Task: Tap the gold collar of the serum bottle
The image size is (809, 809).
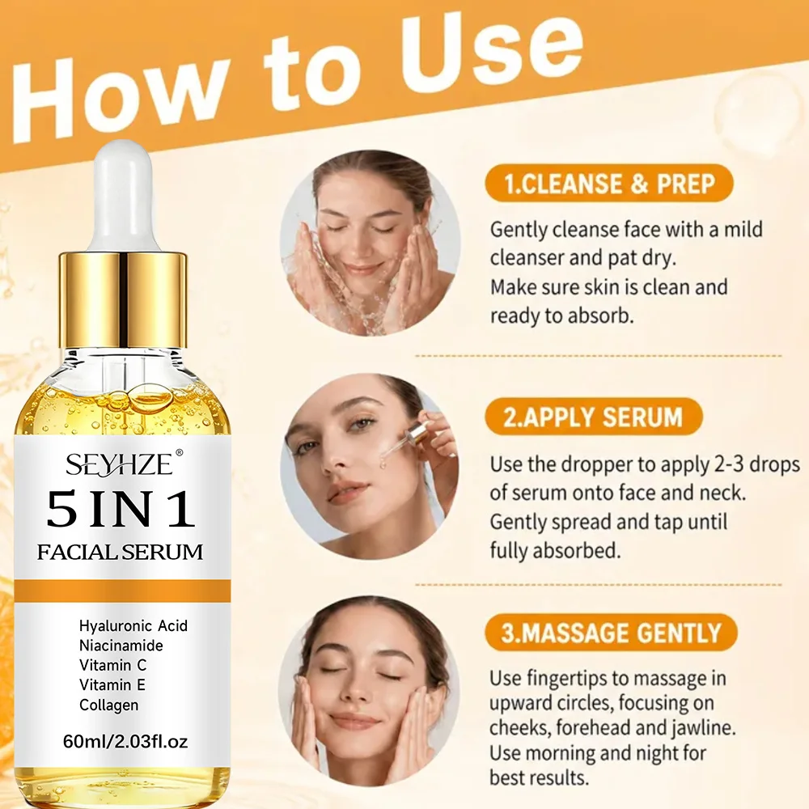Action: [x=122, y=300]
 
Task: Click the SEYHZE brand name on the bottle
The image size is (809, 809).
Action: [x=119, y=464]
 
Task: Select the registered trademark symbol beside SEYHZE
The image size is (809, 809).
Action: [x=180, y=453]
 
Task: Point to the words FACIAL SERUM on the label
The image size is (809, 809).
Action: [x=121, y=553]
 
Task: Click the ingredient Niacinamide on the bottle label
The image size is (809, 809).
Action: [x=121, y=646]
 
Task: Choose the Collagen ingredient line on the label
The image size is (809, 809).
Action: [x=109, y=705]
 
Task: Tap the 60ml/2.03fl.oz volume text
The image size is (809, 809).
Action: [x=125, y=742]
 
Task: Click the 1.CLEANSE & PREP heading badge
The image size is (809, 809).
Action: [x=609, y=184]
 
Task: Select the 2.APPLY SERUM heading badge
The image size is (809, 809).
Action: [x=594, y=417]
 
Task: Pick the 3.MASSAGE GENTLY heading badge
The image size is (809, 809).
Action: [x=611, y=633]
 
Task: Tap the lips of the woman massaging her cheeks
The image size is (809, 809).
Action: [x=354, y=721]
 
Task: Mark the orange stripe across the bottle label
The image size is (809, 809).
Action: [x=122, y=591]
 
